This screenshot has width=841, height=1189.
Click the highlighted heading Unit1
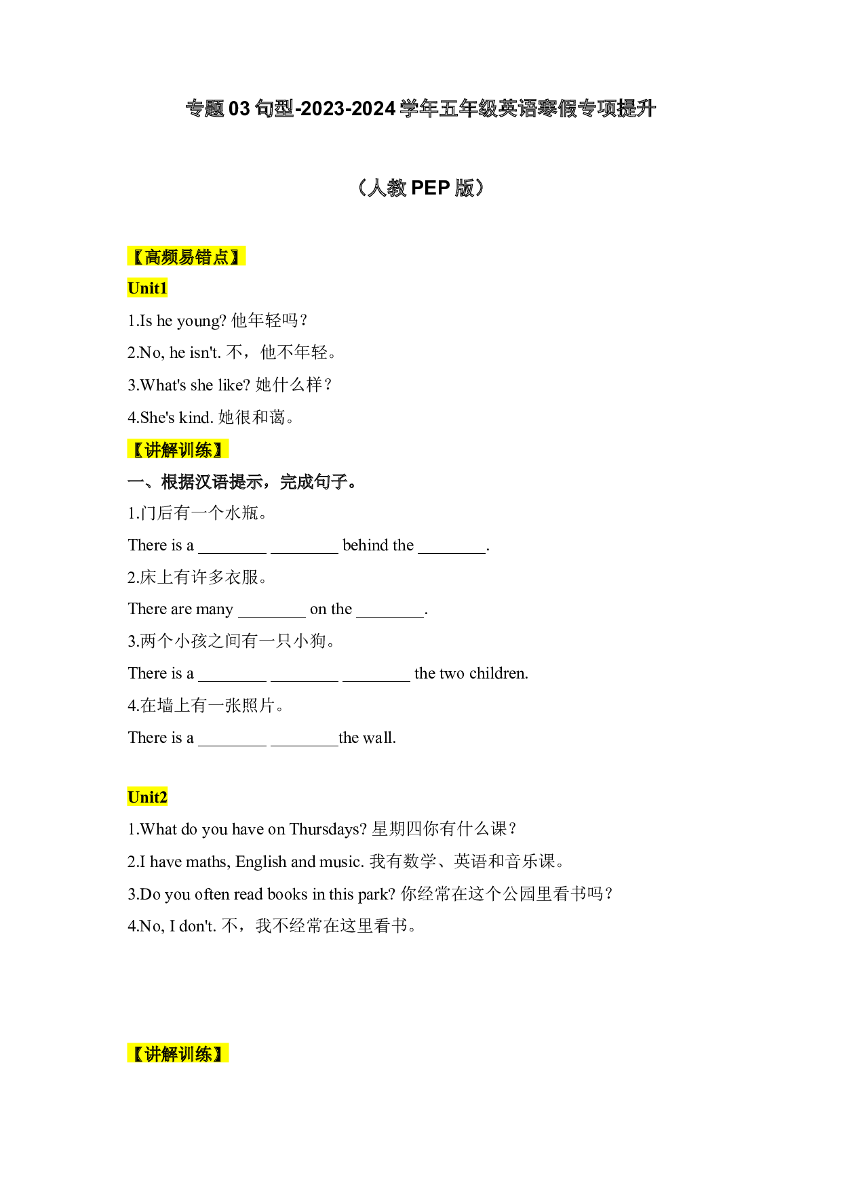click(x=147, y=288)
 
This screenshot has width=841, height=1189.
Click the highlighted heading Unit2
click(x=147, y=797)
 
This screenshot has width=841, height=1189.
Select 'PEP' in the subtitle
click(x=430, y=188)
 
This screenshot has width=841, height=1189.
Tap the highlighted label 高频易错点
click(x=187, y=257)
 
